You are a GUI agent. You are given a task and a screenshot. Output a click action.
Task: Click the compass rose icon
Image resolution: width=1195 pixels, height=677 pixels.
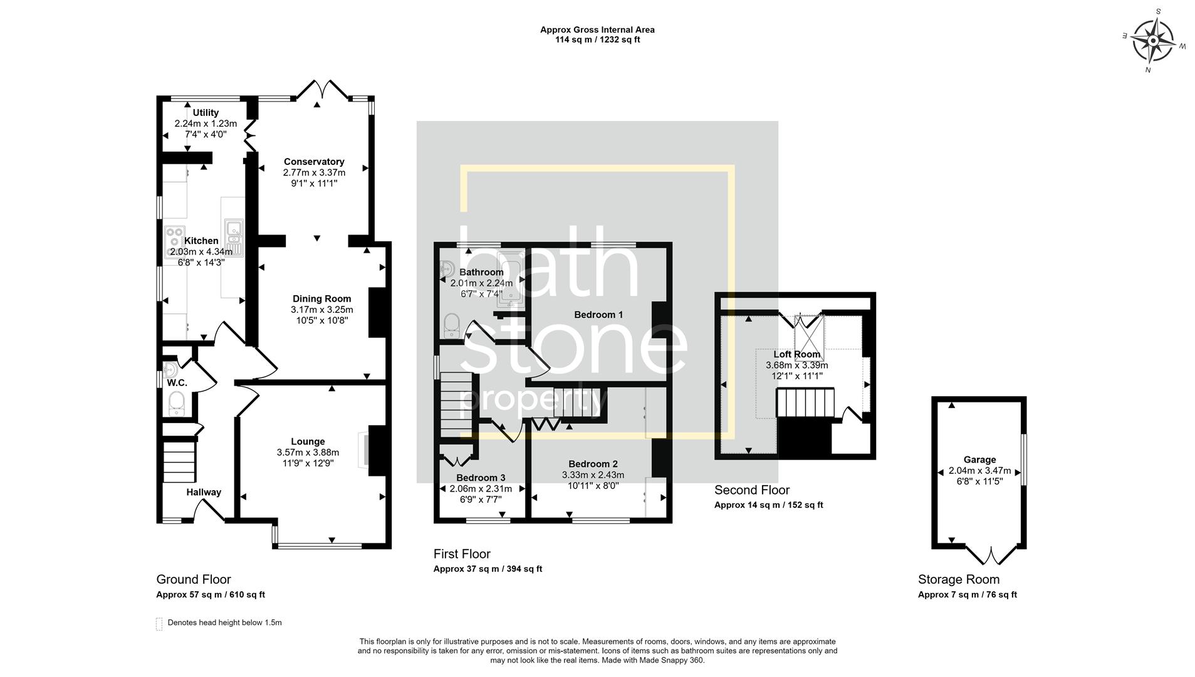click(x=1153, y=42)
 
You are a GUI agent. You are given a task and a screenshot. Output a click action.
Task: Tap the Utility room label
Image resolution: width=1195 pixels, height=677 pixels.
click(x=206, y=113)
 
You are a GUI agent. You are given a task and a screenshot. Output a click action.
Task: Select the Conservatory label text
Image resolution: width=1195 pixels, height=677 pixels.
click(x=314, y=162)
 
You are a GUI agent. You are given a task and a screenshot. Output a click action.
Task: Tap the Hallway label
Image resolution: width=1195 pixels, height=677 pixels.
click(x=204, y=493)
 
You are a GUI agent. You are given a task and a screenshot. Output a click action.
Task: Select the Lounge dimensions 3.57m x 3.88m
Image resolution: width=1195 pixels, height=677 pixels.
click(x=308, y=453)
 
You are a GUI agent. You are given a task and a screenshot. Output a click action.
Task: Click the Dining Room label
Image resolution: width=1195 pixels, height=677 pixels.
click(x=321, y=299)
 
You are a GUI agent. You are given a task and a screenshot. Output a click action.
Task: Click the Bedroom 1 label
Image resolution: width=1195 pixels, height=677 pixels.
click(x=598, y=315)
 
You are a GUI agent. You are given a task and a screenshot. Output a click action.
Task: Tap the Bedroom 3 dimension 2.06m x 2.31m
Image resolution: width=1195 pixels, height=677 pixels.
click(x=481, y=489)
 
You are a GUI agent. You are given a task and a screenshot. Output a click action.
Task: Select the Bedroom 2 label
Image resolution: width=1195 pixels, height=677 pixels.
click(x=593, y=464)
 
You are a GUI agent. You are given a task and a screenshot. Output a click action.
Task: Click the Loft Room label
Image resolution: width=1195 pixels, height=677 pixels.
click(x=796, y=354)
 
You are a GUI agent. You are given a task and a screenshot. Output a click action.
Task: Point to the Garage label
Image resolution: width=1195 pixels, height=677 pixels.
click(x=979, y=459)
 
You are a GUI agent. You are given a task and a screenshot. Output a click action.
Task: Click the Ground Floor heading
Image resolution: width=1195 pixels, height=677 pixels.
click(x=194, y=580)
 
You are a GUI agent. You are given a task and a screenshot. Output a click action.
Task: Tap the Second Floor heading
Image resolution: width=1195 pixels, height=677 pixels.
click(x=752, y=490)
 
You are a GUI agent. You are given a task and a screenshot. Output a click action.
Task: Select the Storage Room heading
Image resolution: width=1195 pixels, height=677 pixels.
click(x=959, y=580)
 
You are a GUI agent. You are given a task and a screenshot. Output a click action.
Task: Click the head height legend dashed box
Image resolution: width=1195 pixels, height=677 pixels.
click(x=159, y=624)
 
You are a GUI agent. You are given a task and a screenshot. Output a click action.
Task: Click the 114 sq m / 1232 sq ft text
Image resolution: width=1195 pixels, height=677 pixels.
click(x=597, y=39)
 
